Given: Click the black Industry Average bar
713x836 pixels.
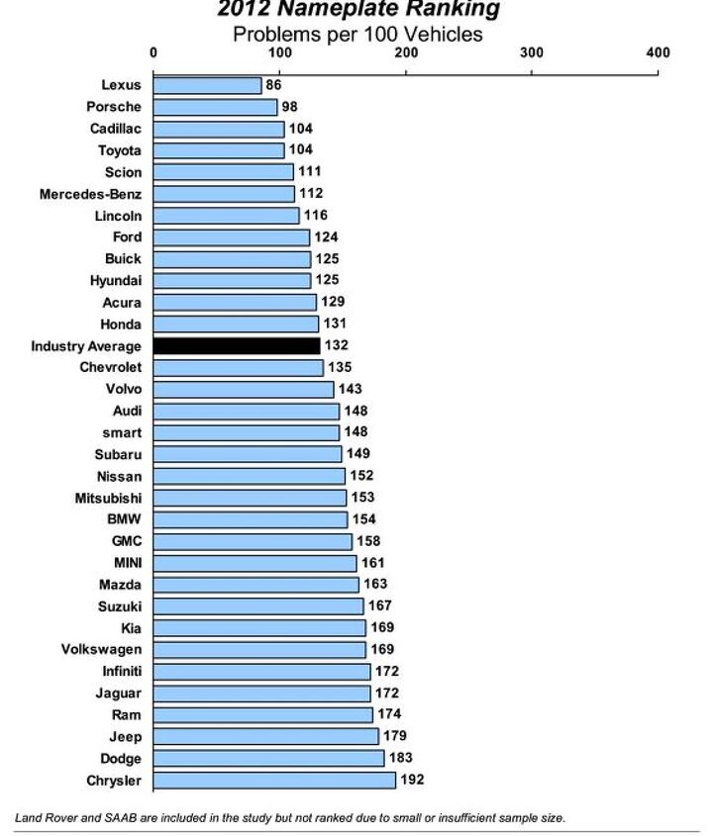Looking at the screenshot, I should pos(237,346).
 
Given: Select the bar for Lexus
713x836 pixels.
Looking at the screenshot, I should pos(207,85).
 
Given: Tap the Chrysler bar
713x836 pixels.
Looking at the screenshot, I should pos(274,781).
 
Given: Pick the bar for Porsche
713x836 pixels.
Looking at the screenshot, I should pos(215,107).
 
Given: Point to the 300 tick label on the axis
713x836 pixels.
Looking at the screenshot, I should pos(532,52).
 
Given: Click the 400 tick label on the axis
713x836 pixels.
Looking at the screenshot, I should pos(658,52).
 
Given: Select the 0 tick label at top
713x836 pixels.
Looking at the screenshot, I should pos(153,52).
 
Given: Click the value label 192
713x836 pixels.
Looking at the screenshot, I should pos(412,781).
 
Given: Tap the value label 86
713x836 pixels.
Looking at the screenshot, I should pos(274,85).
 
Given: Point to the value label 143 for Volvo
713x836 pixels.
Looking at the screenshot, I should pos(350,389).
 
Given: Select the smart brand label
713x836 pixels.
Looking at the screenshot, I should pos(121,432).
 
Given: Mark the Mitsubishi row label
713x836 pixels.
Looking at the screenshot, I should pos(108,498).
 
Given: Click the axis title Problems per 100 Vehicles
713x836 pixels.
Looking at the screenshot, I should pos(357,35).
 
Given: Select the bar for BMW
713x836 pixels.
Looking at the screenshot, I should pos(251,519).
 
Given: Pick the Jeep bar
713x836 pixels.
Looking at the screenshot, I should pos(265,737).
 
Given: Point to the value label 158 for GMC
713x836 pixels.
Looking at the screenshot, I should pos(368,541).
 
